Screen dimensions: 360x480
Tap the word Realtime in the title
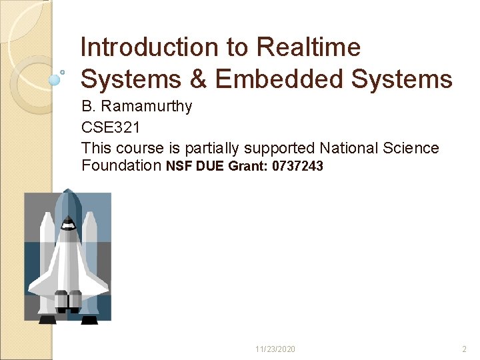[308, 47]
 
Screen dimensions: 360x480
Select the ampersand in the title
[198, 80]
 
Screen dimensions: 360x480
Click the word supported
[280, 148]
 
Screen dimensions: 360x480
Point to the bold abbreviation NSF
[179, 167]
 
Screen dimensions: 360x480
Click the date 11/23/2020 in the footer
[275, 349]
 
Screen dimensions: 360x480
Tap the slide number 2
[465, 349]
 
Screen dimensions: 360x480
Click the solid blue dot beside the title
[55, 79]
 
